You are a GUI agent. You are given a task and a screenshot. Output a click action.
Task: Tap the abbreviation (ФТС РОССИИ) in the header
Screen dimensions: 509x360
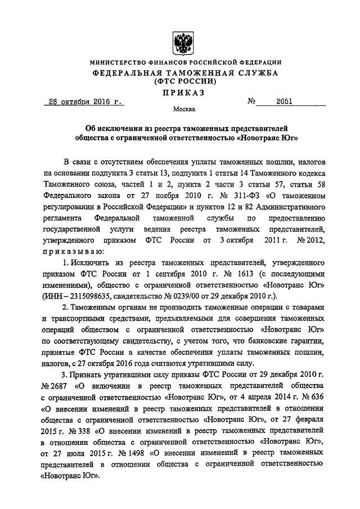pos(180,82)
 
